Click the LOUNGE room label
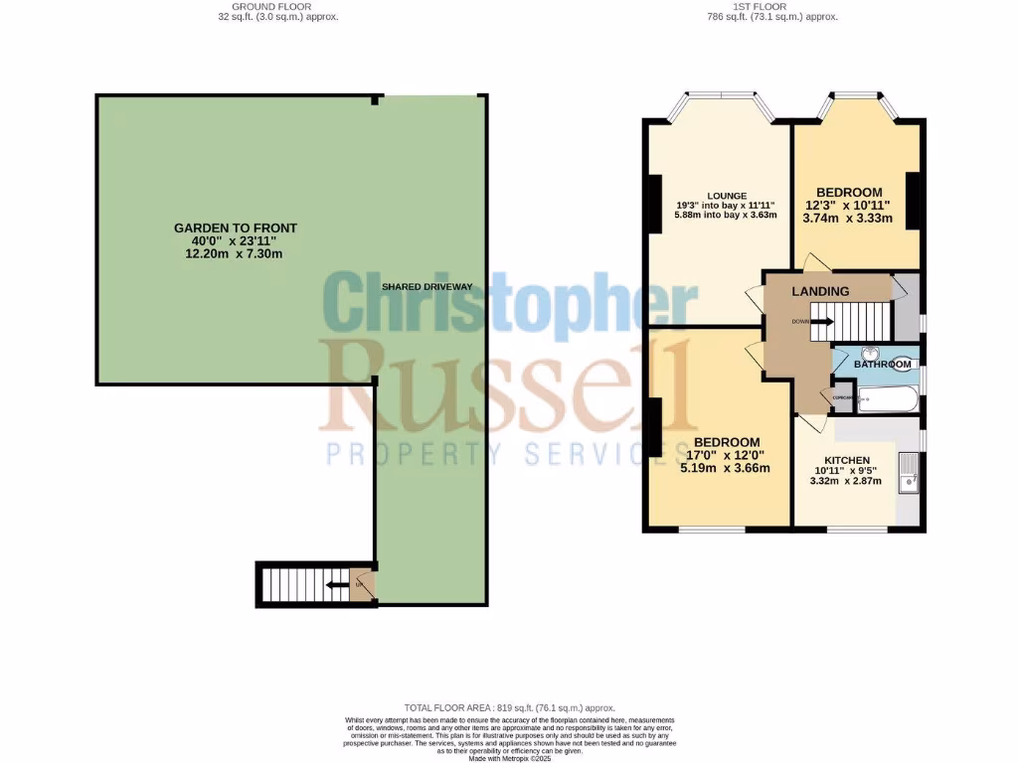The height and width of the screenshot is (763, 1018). pyautogui.click(x=727, y=196)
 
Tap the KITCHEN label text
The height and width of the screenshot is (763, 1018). pyautogui.click(x=837, y=458)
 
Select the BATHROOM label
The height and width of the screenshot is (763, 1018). pyautogui.click(x=883, y=365)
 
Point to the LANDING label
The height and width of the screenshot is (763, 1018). pyautogui.click(x=820, y=291)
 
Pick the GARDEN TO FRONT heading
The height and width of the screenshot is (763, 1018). pyautogui.click(x=236, y=228)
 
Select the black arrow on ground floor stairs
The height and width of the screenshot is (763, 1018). pyautogui.click(x=337, y=584)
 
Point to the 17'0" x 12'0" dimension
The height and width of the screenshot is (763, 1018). pyautogui.click(x=727, y=456)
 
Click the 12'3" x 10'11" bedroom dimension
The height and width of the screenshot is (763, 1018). pyautogui.click(x=848, y=206)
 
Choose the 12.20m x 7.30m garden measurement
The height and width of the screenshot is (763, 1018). pyautogui.click(x=236, y=253)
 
